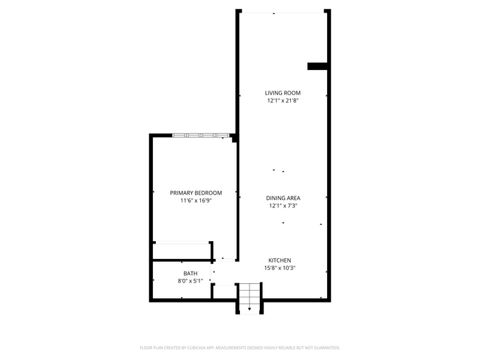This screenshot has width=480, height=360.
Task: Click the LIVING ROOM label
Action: pyautogui.click(x=284, y=93)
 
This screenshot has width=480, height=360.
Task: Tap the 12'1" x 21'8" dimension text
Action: pyautogui.click(x=284, y=101)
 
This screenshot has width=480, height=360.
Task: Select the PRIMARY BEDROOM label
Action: pyautogui.click(x=196, y=193)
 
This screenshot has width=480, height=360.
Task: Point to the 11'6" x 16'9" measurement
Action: pyautogui.click(x=196, y=201)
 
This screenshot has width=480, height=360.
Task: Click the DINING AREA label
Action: pyautogui.click(x=284, y=198)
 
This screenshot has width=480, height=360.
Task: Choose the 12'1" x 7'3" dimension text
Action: pyautogui.click(x=284, y=206)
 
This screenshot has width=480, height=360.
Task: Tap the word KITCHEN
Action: pyautogui.click(x=280, y=260)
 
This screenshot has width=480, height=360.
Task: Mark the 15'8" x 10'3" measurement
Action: pyautogui.click(x=280, y=269)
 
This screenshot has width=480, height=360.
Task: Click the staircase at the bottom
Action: pyautogui.click(x=250, y=299)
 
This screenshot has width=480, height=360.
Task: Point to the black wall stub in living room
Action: pyautogui.click(x=318, y=66)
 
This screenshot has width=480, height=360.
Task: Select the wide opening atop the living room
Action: pyautogui.click(x=283, y=12)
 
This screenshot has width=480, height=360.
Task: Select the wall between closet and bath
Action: pyautogui.click(x=181, y=260)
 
